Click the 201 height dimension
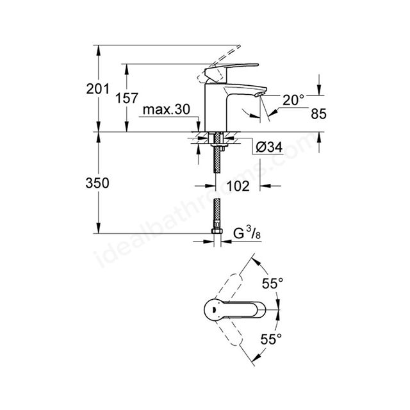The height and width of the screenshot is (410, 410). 98,89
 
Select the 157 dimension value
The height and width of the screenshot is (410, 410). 127,98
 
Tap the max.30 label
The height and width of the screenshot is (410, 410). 167,110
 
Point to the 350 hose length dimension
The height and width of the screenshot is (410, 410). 97,183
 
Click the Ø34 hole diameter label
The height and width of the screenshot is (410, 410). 269,147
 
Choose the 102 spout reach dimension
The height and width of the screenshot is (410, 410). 238,186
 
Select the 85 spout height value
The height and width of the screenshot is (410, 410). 318,114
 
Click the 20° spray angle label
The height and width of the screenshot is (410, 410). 293,100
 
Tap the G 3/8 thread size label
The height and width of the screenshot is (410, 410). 247,233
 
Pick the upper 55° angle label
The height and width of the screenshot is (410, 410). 273,283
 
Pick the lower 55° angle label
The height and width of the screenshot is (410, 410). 271,339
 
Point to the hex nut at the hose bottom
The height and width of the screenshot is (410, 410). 217,231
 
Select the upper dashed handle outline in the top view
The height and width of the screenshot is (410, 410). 229,286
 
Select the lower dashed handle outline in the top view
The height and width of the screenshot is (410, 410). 229,332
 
